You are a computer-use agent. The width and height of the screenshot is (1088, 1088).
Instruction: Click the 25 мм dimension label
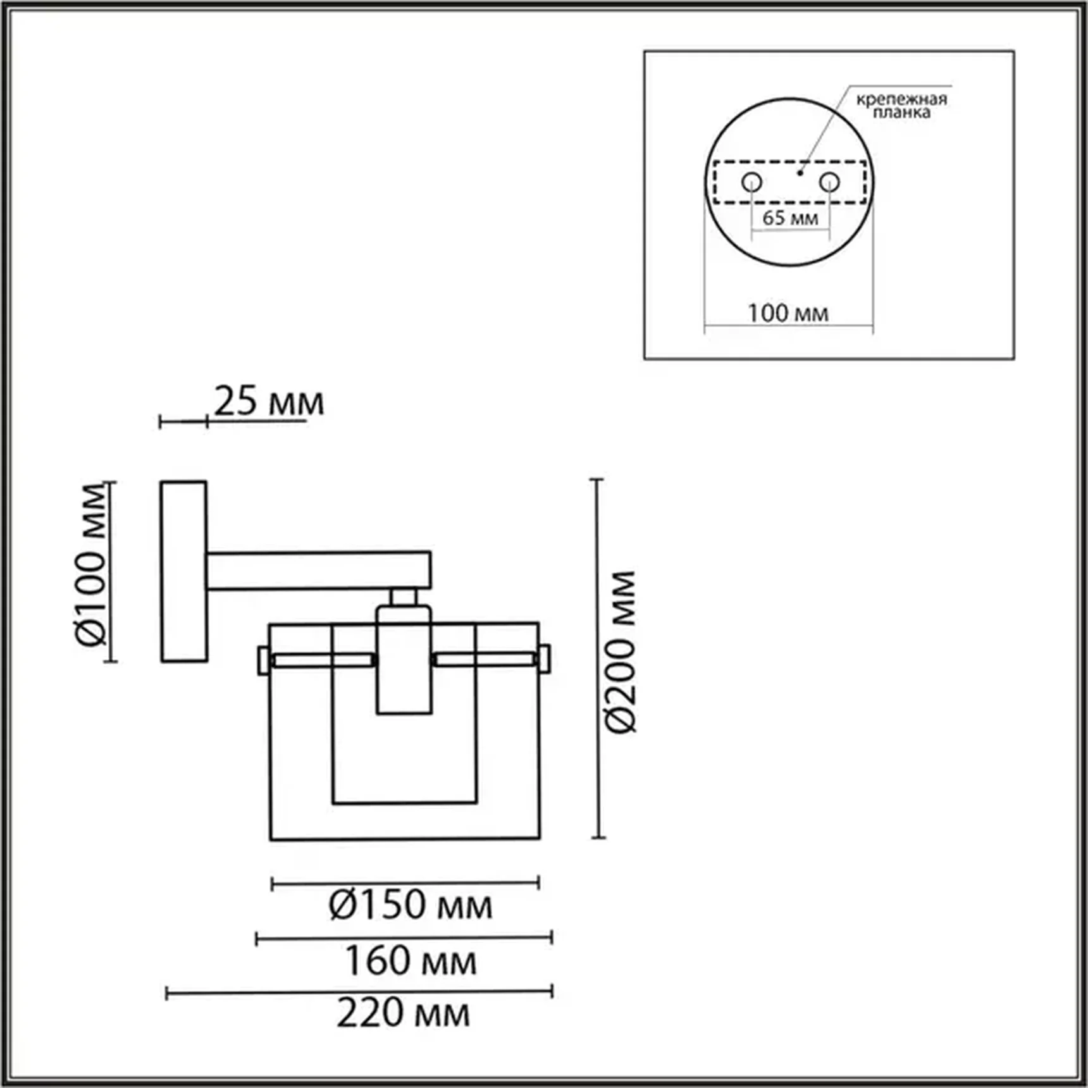pos(268,401)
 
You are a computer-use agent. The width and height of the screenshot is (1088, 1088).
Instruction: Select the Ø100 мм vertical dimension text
pos(90,565)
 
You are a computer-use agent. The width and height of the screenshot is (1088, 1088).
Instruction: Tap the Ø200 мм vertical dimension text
pos(620,652)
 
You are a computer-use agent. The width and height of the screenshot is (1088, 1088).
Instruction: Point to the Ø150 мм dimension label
pos(410,905)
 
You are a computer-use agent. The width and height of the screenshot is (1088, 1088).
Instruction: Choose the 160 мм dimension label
pos(410,961)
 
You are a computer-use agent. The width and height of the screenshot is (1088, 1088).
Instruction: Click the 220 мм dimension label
pos(403,1013)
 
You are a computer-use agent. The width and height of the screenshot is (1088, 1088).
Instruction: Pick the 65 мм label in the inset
pos(789,218)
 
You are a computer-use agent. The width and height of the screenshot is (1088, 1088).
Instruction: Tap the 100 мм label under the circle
pos(788,313)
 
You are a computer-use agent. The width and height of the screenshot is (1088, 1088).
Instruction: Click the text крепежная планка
pos(901,106)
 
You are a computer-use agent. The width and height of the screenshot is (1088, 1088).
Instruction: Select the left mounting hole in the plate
pos(751,182)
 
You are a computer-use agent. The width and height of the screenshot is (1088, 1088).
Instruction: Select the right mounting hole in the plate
pos(829,182)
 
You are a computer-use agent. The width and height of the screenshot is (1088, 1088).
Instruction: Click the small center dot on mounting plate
pos(800,172)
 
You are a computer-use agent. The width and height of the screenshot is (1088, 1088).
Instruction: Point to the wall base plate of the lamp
pos(183,572)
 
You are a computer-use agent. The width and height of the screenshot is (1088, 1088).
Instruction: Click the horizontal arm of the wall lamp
pos(319,571)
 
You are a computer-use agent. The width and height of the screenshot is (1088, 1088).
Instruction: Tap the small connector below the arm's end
pos(403,597)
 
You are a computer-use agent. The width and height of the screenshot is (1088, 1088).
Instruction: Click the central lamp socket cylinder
pos(404,661)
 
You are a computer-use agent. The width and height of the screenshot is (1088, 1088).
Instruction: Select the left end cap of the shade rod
pos(263,660)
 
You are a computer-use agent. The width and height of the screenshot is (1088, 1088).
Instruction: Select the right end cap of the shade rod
pos(545,659)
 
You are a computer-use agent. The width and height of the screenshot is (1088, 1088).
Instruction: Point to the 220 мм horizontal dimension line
pos(359,992)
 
